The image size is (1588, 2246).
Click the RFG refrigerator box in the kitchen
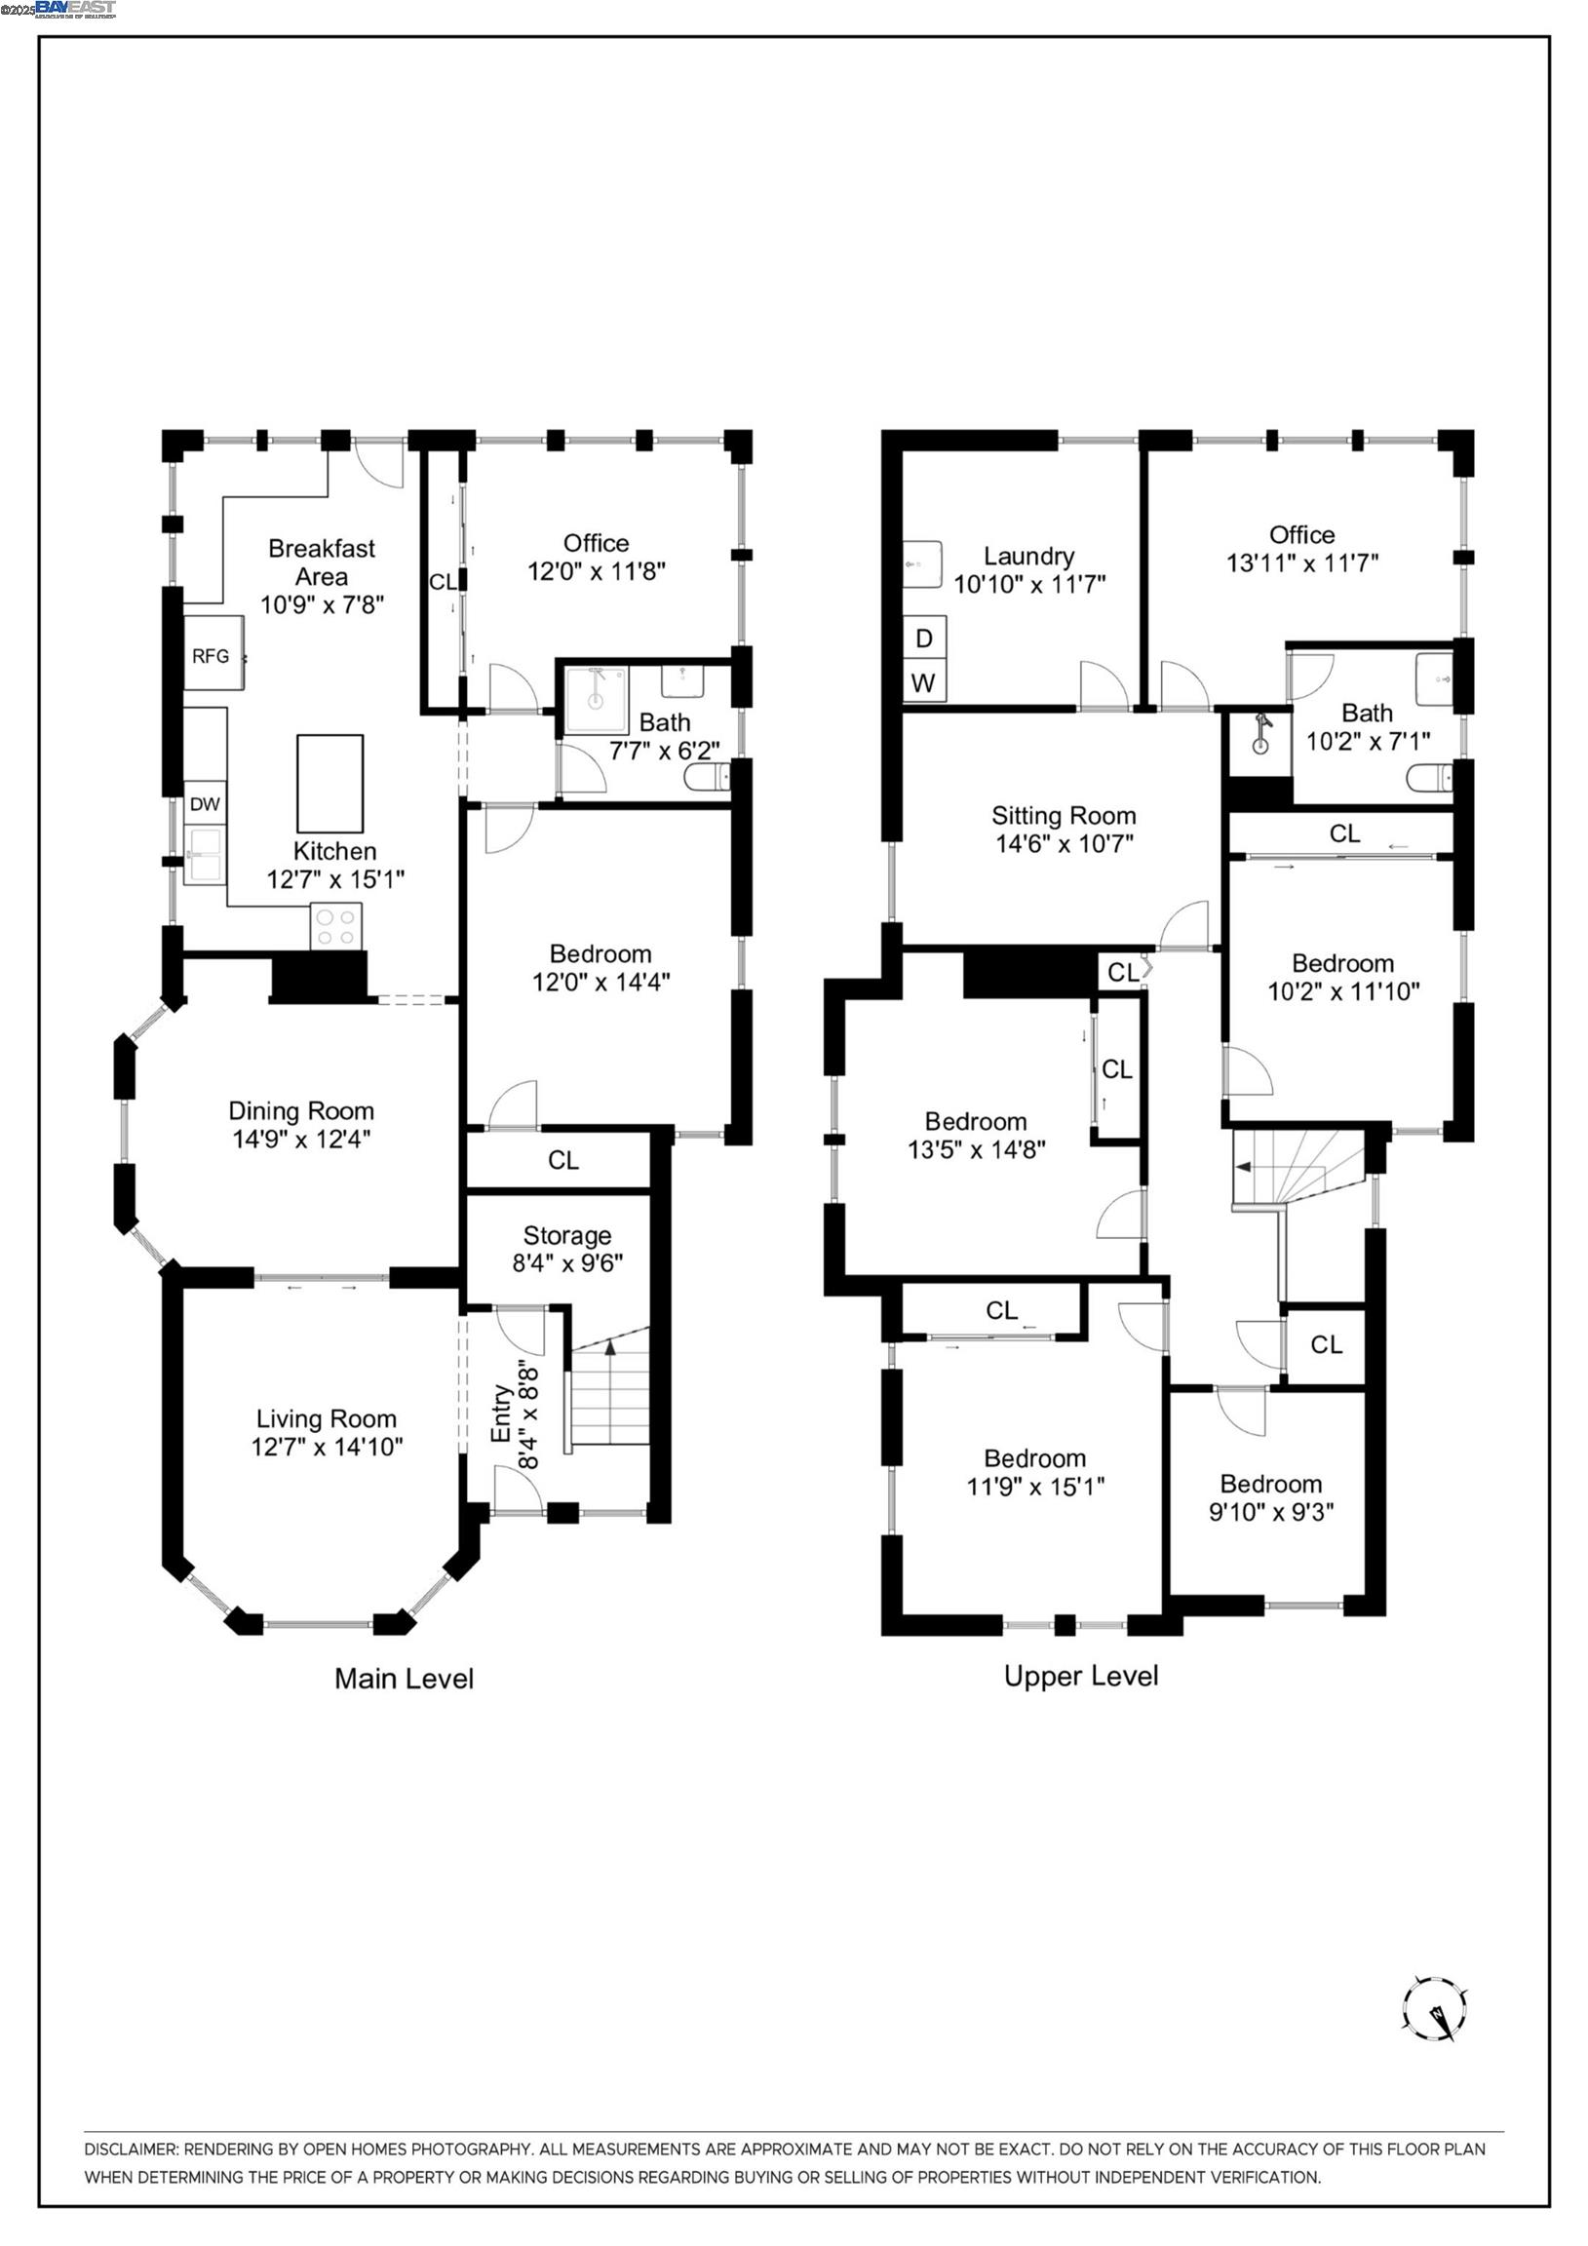(214, 653)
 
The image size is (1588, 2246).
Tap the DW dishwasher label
(205, 804)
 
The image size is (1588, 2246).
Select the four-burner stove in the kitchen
(335, 926)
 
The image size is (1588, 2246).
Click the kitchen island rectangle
(329, 784)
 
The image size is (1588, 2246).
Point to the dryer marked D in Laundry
(923, 638)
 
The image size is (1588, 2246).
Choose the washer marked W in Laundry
(923, 681)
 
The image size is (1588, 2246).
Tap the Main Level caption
(405, 1679)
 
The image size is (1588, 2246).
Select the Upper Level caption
(1081, 1676)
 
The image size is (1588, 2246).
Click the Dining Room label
(301, 1111)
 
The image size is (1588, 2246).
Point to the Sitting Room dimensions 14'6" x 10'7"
(1065, 843)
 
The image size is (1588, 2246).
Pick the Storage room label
(567, 1235)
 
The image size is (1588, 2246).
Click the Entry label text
(502, 1413)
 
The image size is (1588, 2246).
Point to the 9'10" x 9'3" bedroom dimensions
(1271, 1512)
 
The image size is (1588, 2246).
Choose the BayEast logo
(76, 10)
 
